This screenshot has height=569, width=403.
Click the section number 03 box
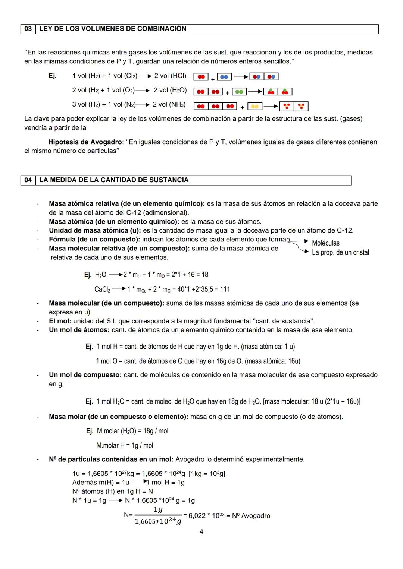pyautogui.click(x=28, y=29)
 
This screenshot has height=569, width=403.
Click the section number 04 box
pyautogui.click(x=28, y=180)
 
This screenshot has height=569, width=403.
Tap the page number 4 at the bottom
pyautogui.click(x=201, y=532)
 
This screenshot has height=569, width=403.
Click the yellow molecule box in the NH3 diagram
pyautogui.click(x=254, y=107)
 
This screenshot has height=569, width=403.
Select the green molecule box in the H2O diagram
pyautogui.click(x=239, y=92)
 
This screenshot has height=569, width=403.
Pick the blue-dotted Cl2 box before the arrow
pyautogui.click(x=224, y=77)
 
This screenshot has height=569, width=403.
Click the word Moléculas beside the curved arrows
pyautogui.click(x=325, y=243)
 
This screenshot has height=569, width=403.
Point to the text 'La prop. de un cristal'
pyautogui.click(x=340, y=252)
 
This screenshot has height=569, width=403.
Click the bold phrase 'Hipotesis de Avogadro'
pyautogui.click(x=85, y=142)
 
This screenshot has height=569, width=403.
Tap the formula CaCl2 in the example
pyautogui.click(x=102, y=289)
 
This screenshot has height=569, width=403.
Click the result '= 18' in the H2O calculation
pyautogui.click(x=202, y=275)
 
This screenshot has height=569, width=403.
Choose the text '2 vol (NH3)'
pyautogui.click(x=169, y=105)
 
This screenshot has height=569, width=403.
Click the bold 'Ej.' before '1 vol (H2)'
pyautogui.click(x=52, y=76)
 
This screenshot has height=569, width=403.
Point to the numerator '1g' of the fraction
pyautogui.click(x=158, y=509)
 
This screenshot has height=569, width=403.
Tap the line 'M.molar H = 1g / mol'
pyautogui.click(x=125, y=445)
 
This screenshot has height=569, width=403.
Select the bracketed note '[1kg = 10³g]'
pyautogui.click(x=207, y=474)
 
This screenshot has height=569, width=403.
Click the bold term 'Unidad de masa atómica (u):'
pyautogui.click(x=95, y=230)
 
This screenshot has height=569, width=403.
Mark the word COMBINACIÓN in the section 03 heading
pyautogui.click(x=162, y=29)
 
